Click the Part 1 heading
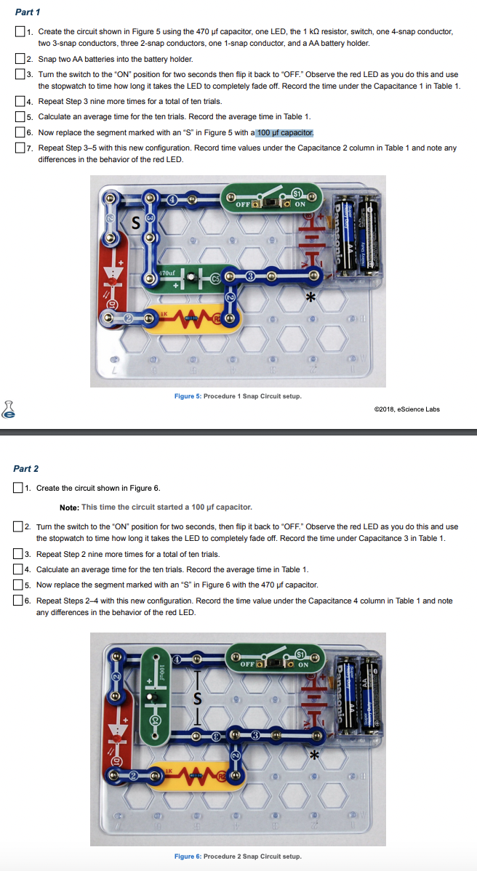click(x=28, y=12)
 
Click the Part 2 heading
click(x=26, y=469)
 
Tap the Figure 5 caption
click(x=238, y=396)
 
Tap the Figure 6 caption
click(x=238, y=856)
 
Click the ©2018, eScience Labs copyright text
click(x=406, y=409)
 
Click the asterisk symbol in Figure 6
click(x=315, y=756)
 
